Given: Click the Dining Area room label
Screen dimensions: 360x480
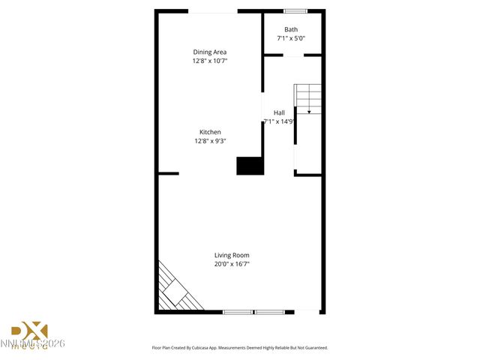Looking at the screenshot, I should coord(210,52).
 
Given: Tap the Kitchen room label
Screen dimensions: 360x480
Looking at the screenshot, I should coord(210,132).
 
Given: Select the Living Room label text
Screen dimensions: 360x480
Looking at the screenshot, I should coord(232,255).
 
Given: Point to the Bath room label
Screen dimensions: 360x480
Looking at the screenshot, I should coord(291,29).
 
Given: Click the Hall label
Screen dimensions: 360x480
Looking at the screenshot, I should coord(279,112).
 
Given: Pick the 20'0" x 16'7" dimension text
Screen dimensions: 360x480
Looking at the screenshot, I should coord(232,264).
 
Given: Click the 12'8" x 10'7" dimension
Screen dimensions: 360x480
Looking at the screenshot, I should coord(210,61).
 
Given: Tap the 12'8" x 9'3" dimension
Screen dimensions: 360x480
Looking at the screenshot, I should coord(210,141).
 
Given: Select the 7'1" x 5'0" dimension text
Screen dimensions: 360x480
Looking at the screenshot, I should coord(291,38).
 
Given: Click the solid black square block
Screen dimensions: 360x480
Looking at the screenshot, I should coord(250,166).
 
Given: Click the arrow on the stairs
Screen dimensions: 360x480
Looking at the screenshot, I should coord(309,110).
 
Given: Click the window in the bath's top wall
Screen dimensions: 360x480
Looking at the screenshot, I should coord(295,10).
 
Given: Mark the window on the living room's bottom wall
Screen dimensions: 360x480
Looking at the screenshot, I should coord(253,311).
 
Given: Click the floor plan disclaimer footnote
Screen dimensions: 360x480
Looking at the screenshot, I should coord(240,348).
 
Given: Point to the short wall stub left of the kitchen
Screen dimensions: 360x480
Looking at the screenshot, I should coord(169,174).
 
